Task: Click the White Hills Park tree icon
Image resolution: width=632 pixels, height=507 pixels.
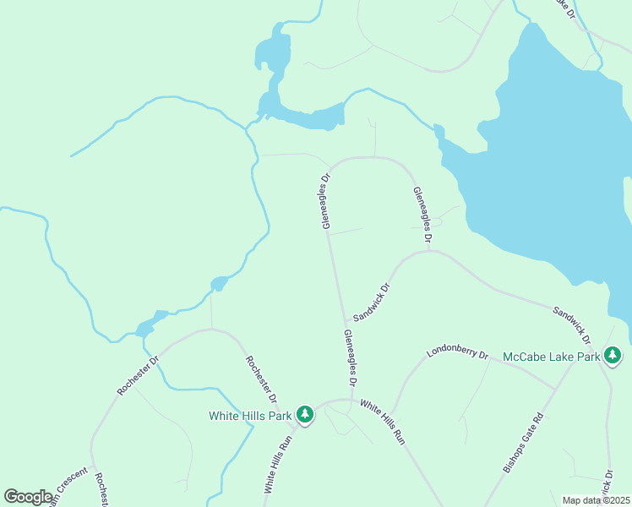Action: point(304,415)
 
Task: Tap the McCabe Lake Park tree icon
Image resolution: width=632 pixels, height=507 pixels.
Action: point(613,356)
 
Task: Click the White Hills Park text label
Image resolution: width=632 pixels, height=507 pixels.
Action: point(249,415)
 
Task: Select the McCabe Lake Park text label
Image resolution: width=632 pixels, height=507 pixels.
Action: point(551,357)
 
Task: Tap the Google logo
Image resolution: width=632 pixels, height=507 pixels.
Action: point(28,496)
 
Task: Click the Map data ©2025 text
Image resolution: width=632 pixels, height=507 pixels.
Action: point(596,500)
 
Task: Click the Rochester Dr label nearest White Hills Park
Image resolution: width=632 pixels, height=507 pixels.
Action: point(262,379)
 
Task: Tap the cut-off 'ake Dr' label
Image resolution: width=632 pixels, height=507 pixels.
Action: point(564,8)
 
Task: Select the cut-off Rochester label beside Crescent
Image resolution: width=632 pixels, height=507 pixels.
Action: point(102,490)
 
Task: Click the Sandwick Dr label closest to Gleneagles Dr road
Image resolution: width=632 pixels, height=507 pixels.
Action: point(372,302)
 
